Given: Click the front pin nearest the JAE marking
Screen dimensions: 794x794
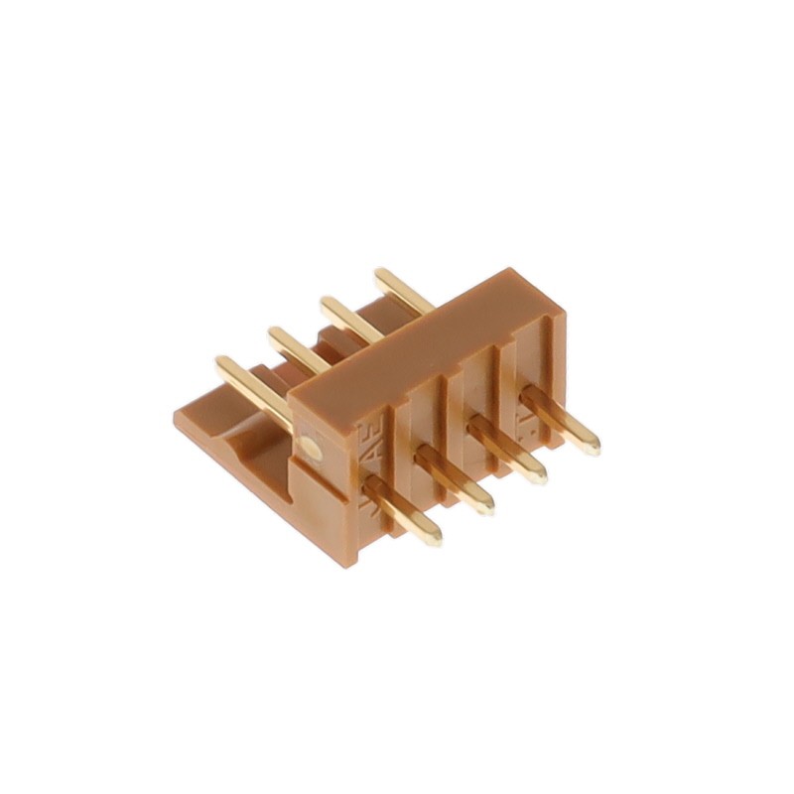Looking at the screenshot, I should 402,506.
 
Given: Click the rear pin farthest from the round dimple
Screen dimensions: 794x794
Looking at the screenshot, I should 402,289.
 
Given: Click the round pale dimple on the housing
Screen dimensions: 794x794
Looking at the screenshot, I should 315,448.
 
